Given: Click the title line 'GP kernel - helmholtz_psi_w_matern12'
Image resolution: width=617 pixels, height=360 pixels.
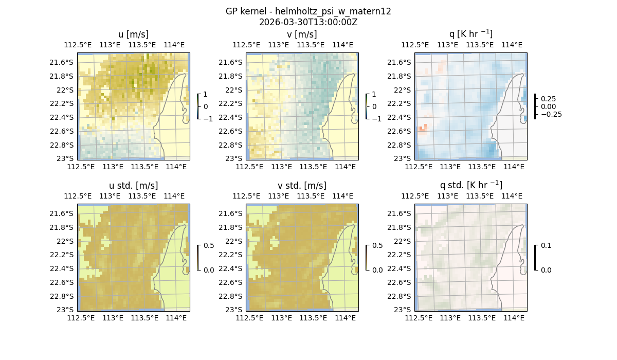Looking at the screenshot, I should point(308,11).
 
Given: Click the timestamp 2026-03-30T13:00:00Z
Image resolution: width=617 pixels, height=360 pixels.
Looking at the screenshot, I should point(308,22).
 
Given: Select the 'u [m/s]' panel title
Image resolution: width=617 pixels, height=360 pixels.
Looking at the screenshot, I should point(133,34).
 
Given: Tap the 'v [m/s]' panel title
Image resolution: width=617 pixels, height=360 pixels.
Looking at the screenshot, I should point(302,34).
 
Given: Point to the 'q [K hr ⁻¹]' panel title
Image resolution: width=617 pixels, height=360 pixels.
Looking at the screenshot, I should point(470,34).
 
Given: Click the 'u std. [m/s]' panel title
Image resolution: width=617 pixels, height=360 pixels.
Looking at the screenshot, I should point(133,186).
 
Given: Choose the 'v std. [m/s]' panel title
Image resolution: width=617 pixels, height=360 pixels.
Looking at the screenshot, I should point(302,186).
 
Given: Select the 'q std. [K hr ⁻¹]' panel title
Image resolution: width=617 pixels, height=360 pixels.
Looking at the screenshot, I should point(470,186).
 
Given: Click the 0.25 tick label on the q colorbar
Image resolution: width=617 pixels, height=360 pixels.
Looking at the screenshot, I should point(549,99).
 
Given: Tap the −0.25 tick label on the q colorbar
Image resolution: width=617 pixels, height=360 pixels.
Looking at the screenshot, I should point(551,114).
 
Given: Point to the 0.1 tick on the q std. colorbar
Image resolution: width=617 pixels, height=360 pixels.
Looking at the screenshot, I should point(546,245).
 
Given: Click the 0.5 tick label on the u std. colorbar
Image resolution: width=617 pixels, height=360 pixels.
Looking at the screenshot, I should point(209,245).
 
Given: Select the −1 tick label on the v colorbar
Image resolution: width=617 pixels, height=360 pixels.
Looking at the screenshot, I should point(378,119).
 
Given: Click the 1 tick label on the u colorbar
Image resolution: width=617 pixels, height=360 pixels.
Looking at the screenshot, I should point(206,94).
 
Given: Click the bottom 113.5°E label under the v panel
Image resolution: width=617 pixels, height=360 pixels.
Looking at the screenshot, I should point(313,167).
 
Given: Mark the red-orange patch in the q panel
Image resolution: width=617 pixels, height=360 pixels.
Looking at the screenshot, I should point(422,129).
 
